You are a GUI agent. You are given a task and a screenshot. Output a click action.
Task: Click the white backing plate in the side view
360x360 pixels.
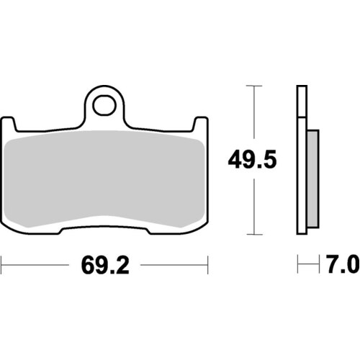pos(302,158)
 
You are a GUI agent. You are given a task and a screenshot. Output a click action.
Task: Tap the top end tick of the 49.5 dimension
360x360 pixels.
pos(251,86)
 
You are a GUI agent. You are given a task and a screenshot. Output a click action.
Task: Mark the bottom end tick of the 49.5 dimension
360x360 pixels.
pos(251,234)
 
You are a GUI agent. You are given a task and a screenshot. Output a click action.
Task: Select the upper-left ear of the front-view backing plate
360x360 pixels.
pos(12,124)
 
